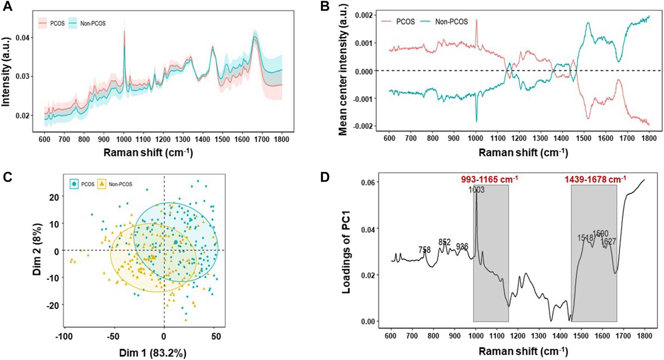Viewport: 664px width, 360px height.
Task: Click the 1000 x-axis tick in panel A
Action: (124, 139)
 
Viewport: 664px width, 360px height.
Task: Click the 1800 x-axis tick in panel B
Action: (649, 138)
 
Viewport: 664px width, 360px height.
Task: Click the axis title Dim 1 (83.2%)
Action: (153, 353)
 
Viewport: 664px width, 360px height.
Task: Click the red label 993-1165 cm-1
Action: (489, 179)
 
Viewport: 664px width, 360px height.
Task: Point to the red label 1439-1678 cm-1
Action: (595, 179)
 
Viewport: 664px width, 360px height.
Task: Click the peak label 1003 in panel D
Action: (476, 190)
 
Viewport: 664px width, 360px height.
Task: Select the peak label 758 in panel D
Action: (425, 249)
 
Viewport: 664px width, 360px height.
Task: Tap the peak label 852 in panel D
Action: (444, 242)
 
